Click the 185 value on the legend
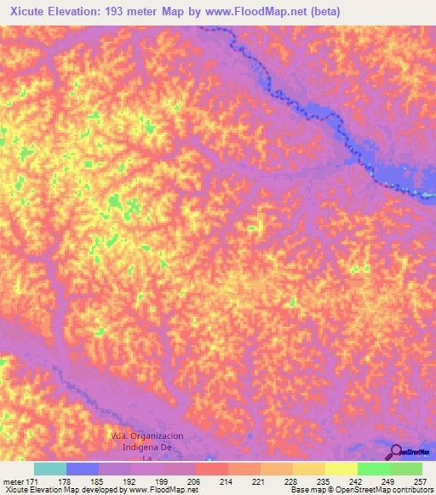point(98,481)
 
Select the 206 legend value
point(194,481)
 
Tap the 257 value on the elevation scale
point(421,481)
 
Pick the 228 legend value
point(291,481)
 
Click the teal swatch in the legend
point(49,469)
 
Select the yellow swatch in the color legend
point(341,469)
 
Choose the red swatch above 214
point(211,469)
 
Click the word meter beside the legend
point(13,481)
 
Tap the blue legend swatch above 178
point(82,469)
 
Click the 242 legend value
point(356,481)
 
